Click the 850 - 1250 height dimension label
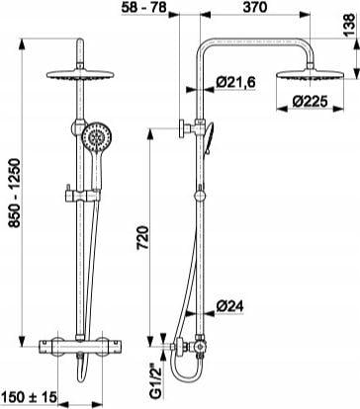click(x=14, y=193)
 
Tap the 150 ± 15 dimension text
click(x=29, y=397)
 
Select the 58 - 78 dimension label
click(x=143, y=7)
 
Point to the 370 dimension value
click(x=255, y=7)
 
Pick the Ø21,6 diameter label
click(x=235, y=82)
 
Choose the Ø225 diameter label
click(x=310, y=102)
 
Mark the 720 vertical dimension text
click(x=142, y=238)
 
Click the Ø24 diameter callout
click(x=229, y=306)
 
